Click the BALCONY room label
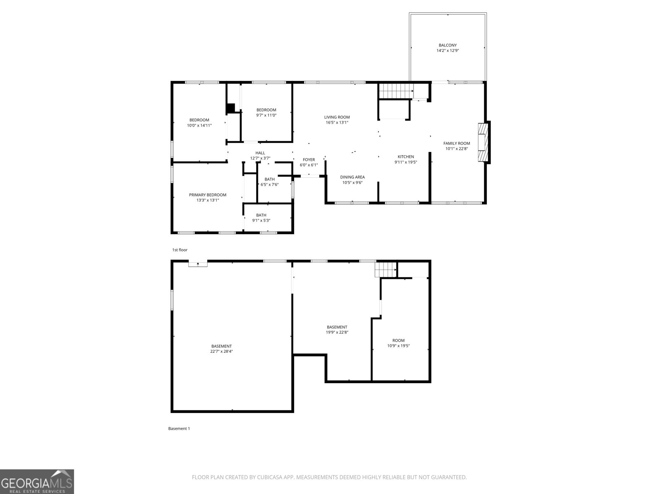click(x=447, y=45)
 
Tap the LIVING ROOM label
click(x=337, y=117)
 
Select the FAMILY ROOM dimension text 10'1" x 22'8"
click(x=457, y=149)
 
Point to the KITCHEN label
click(x=406, y=157)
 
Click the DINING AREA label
click(x=353, y=177)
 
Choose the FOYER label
click(x=308, y=160)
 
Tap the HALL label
click(x=260, y=153)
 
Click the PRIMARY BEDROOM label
click(x=208, y=195)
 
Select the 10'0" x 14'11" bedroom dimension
click(x=199, y=126)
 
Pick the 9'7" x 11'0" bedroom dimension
click(x=266, y=115)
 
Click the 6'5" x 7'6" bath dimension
click(x=270, y=184)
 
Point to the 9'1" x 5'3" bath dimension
click(x=261, y=221)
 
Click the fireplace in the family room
click(x=483, y=142)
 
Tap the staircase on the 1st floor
click(x=396, y=91)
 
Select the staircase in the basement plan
click(x=386, y=270)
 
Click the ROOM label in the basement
click(x=398, y=340)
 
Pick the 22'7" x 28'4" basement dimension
click(x=222, y=351)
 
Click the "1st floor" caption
click(x=180, y=250)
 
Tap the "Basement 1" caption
click(x=179, y=429)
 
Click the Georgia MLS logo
click(x=37, y=481)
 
